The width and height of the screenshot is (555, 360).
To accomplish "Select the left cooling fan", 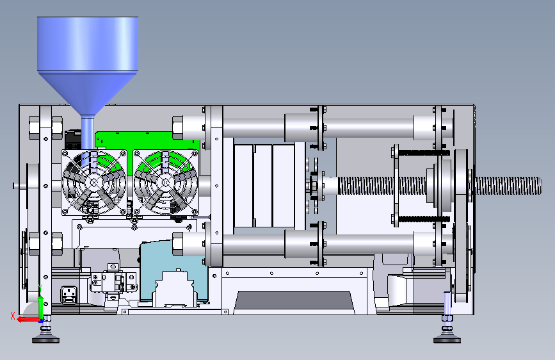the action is pos(94,182).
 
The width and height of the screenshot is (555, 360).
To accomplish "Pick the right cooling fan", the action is pos(165,182).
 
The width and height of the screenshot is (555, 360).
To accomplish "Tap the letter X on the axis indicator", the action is pos(13,316).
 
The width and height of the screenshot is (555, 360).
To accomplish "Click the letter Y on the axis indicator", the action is pos(40,288).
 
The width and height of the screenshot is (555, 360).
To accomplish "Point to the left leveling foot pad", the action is pos(45,340).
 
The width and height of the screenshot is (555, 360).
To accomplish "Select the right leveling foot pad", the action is pos(447,340).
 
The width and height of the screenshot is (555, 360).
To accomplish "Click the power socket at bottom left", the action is pos(69,295).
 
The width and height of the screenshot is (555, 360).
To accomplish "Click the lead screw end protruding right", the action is pos(508,186).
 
